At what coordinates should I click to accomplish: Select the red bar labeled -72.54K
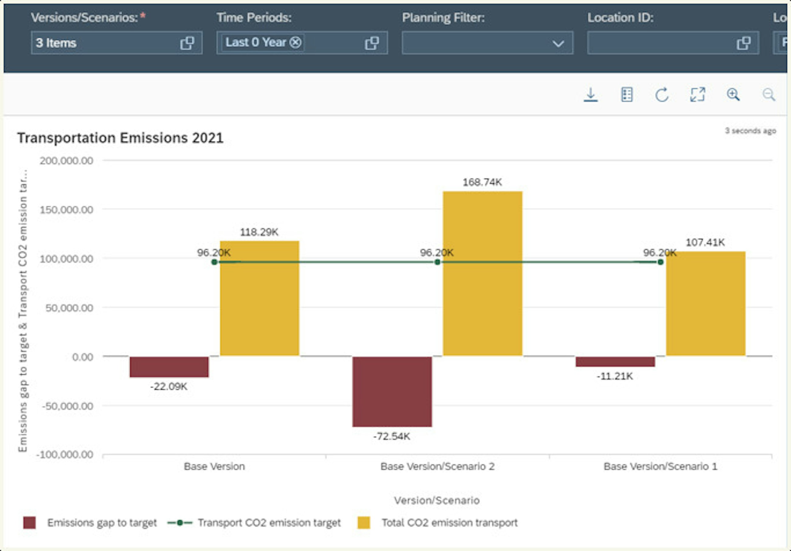[x=392, y=392]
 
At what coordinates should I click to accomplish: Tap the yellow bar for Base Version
[x=260, y=298]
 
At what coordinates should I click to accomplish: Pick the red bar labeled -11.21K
[x=615, y=362]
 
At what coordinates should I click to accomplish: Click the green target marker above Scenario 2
[x=437, y=262]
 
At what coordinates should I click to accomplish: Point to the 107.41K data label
[x=705, y=242]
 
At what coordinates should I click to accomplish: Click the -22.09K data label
[x=169, y=386]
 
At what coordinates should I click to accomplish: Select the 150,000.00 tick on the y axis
[x=66, y=210]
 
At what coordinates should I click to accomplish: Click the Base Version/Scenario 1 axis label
[x=660, y=466]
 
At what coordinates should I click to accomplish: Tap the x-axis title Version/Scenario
[x=437, y=500]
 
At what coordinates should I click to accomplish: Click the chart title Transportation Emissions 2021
[x=120, y=138]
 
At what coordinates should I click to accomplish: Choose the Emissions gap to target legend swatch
[x=29, y=522]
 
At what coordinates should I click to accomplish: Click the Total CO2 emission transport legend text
[x=449, y=522]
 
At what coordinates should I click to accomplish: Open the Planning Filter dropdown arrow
[x=558, y=43]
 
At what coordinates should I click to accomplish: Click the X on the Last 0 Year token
[x=295, y=42]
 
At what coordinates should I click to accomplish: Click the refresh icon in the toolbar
[x=661, y=95]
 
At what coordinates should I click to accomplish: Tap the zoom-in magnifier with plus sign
[x=733, y=94]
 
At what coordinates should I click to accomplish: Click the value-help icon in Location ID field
[x=744, y=43]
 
